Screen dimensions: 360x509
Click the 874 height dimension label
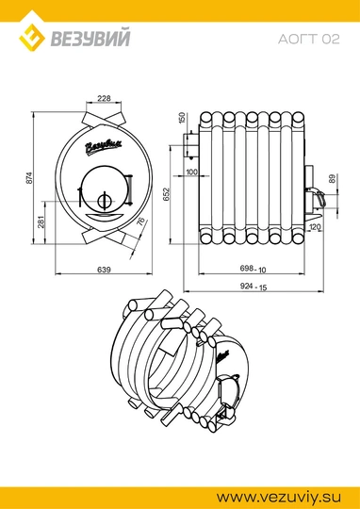coord(29,177)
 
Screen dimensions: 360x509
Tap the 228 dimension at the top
coord(105,98)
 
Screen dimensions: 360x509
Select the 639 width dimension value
coord(104,270)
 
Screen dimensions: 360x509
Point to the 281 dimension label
coord(41,222)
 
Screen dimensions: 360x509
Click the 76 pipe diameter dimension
coord(140,222)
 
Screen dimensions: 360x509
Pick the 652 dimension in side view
coord(166,194)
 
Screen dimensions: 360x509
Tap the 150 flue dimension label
coord(182,118)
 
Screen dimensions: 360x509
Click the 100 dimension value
coord(192,172)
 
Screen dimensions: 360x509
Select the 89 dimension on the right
coord(332,178)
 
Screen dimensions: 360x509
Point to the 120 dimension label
coord(315,227)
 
